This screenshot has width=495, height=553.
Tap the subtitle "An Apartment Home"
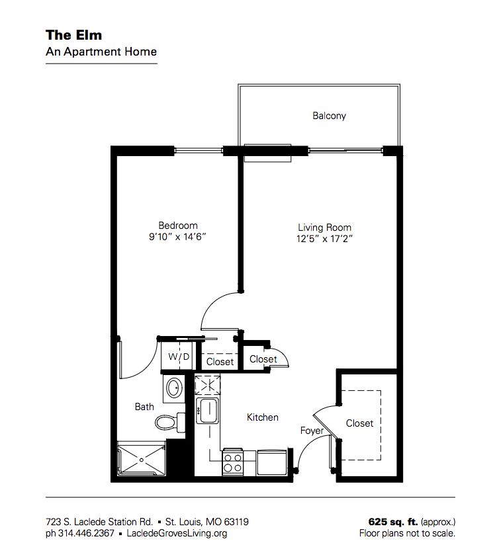pos(101,51)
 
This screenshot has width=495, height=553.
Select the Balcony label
pos(329,116)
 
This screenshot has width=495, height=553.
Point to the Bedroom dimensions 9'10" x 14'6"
pos(177,236)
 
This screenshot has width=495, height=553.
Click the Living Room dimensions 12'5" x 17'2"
pos(324,239)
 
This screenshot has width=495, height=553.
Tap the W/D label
pos(178,357)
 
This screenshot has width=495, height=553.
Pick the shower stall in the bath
pos(141,458)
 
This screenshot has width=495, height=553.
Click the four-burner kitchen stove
pos(232,460)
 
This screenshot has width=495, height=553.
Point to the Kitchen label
pos(262,417)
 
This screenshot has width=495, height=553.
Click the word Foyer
pos(312,431)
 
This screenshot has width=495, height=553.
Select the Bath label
pos(144,407)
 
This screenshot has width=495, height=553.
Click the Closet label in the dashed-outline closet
pos(359,423)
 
